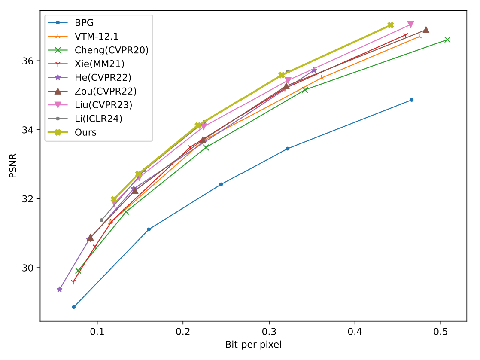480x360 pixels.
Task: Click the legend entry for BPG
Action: click(x=84, y=23)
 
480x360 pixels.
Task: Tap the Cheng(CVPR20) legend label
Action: click(x=111, y=50)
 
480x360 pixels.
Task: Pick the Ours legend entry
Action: click(x=85, y=133)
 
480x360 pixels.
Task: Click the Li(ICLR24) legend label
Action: click(x=98, y=119)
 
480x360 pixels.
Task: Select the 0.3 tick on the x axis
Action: click(x=269, y=331)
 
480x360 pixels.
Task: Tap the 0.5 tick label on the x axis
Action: click(x=441, y=331)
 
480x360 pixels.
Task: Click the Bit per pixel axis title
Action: click(x=253, y=344)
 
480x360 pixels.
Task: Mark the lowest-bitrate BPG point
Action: click(x=74, y=307)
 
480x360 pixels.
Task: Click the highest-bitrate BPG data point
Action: click(x=412, y=100)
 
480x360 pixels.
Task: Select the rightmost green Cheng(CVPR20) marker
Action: click(x=447, y=40)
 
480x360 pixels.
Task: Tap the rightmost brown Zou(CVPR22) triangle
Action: click(x=426, y=30)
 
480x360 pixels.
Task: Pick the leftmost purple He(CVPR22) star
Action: click(x=60, y=289)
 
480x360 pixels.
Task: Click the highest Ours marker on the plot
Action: click(x=390, y=25)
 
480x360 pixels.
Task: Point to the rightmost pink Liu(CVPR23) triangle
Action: click(x=410, y=24)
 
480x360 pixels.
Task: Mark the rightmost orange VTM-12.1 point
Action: click(x=419, y=37)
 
